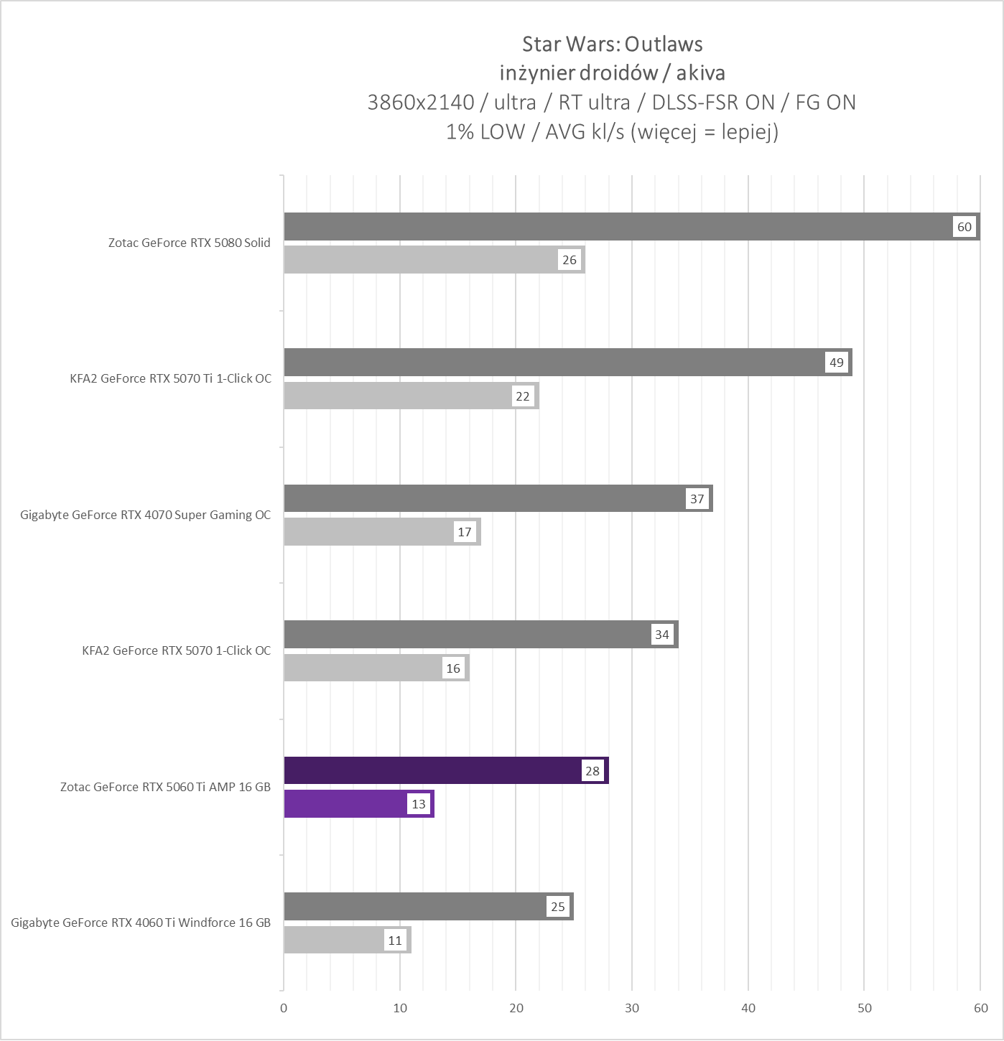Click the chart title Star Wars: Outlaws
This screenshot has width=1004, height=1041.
point(612,45)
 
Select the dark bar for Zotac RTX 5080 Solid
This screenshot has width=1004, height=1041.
point(618,227)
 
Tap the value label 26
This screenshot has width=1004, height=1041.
point(570,260)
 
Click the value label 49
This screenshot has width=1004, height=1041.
point(837,363)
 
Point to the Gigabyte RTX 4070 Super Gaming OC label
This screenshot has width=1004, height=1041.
point(146,515)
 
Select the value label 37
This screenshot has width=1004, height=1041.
point(697,499)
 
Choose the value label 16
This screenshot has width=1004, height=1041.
point(453,668)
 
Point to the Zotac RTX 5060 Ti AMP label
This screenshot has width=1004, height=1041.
point(165,787)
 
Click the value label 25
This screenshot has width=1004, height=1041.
point(558,907)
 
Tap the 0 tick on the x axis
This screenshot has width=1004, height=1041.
point(284,1008)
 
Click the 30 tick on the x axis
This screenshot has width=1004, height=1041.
point(632,1008)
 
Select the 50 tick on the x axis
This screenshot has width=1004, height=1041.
point(865,1008)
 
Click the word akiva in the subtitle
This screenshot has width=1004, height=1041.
point(700,73)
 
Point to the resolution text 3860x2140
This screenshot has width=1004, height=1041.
point(421,103)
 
